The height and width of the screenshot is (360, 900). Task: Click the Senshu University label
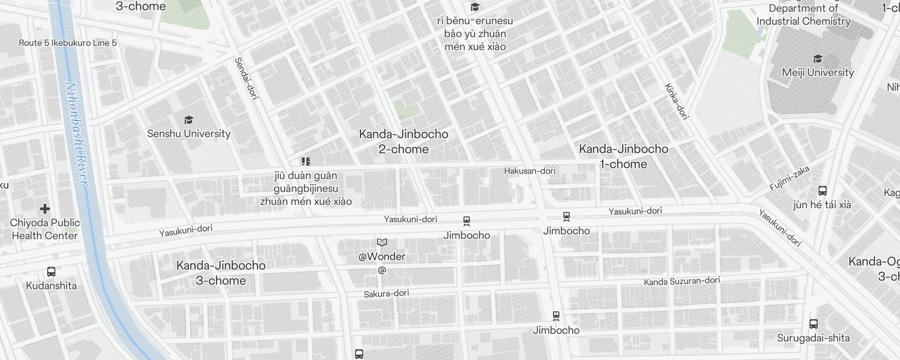[x=189, y=134]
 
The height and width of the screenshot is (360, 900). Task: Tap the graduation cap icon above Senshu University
[x=189, y=120]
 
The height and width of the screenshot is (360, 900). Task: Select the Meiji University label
[x=818, y=72]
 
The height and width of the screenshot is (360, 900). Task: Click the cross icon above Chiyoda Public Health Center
[x=45, y=209]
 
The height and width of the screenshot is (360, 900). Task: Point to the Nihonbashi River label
[x=77, y=134]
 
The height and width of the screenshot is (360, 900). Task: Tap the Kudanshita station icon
[x=51, y=272]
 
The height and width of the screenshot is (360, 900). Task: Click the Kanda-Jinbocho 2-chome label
[x=404, y=141]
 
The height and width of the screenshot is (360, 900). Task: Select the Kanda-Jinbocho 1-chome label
[x=623, y=156]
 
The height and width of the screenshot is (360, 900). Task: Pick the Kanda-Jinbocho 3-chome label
[x=221, y=273]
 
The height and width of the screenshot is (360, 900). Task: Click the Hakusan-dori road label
[x=530, y=171]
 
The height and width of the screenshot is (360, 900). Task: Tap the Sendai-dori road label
[x=247, y=78]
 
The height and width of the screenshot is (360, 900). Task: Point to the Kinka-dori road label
[x=676, y=102]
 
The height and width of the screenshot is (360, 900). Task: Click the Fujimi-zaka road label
[x=789, y=178]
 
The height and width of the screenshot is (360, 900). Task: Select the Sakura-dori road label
[x=386, y=293]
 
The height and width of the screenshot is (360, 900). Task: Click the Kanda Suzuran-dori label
[x=682, y=281]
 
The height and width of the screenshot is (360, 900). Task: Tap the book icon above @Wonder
[x=382, y=243]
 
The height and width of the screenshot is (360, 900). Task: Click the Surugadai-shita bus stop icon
[x=813, y=324]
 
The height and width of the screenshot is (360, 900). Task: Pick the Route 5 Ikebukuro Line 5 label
[x=67, y=43]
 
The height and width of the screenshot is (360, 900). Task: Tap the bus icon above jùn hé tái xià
[x=822, y=191]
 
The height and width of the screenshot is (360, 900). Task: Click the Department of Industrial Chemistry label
[x=803, y=15]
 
